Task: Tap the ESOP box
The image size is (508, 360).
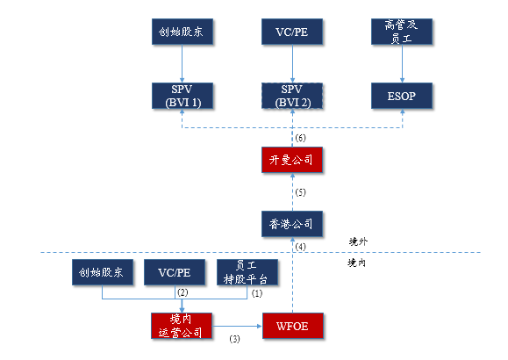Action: pyautogui.click(x=403, y=95)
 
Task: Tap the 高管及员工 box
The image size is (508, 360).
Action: pyautogui.click(x=403, y=33)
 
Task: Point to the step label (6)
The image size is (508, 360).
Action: pyautogui.click(x=300, y=139)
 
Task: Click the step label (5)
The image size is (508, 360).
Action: pyautogui.click(x=300, y=191)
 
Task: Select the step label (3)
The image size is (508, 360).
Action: pyautogui.click(x=234, y=338)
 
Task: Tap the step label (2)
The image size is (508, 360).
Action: pyautogui.click(x=183, y=292)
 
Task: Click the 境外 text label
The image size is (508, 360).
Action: pyautogui.click(x=358, y=241)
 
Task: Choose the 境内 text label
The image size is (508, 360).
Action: pyautogui.click(x=358, y=262)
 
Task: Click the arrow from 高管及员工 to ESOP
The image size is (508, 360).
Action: pyautogui.click(x=403, y=63)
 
